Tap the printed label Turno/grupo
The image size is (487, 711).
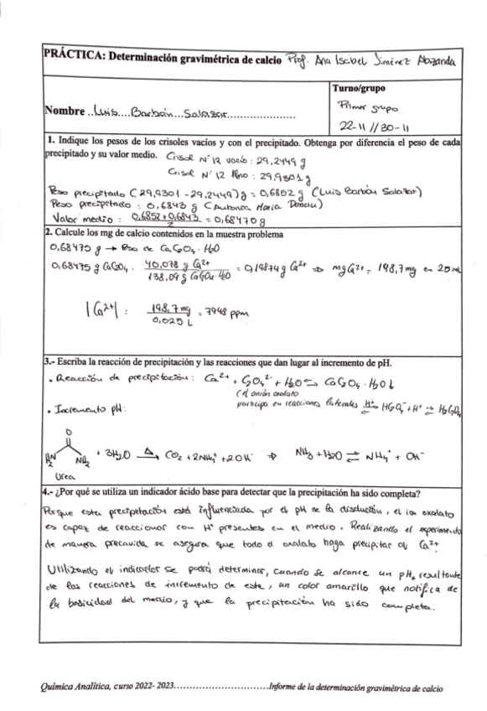[360, 87]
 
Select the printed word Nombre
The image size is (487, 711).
[63, 112]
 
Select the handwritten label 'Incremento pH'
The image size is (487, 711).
[84, 412]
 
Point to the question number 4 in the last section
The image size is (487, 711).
[47, 491]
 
